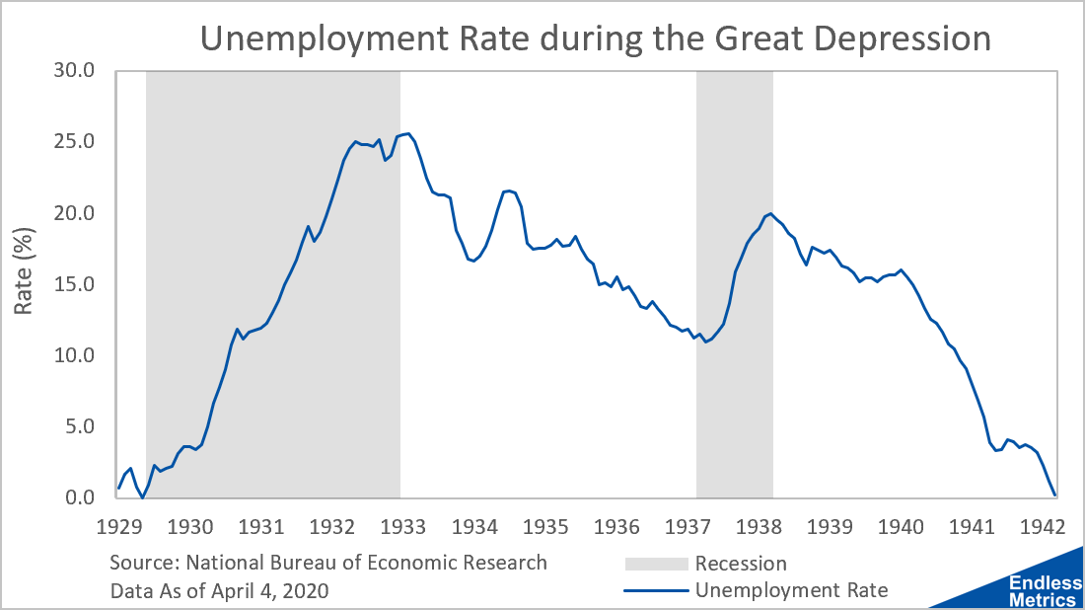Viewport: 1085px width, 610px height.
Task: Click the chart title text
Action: (595, 38)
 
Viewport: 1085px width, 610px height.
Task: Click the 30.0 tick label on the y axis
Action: (74, 71)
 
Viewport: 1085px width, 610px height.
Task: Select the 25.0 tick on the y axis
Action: (74, 142)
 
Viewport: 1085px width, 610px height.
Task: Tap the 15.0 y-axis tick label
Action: (74, 284)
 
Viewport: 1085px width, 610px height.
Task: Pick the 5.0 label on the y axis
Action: (80, 426)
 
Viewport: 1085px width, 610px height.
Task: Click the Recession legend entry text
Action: (741, 565)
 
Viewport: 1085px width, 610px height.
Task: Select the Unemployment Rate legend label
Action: (791, 591)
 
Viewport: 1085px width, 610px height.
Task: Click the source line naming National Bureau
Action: (328, 563)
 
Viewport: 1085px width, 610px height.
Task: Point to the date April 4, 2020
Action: (271, 591)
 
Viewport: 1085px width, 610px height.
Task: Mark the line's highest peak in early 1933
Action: (407, 133)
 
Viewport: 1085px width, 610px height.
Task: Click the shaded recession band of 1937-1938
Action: (734, 296)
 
